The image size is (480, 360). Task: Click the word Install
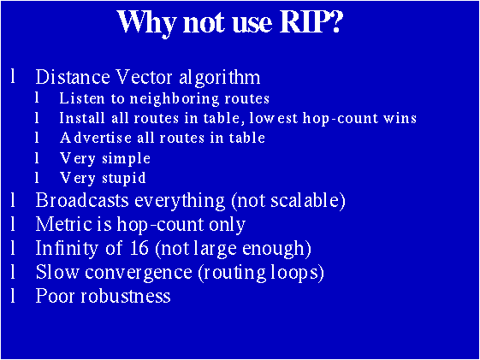coord(81,118)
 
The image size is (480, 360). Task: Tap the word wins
coord(400,118)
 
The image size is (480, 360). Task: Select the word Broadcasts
coord(80,201)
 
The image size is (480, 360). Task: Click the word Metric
coord(62,225)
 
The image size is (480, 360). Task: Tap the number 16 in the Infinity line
coord(122,249)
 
